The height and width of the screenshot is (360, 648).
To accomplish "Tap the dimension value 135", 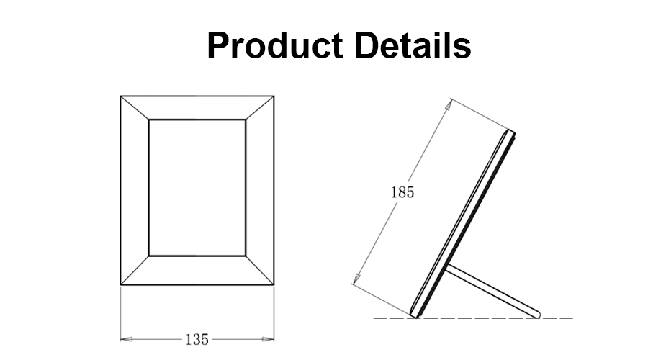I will tap(197, 338).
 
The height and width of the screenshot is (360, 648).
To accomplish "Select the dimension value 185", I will tap(402, 193).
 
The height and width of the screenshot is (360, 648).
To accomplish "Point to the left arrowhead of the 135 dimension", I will tap(125, 338).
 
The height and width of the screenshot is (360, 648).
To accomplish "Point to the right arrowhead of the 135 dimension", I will tap(270, 338).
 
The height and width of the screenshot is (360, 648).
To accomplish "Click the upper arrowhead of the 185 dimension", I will tap(449, 104).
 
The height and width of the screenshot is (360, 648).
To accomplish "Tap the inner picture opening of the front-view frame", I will tap(197, 187).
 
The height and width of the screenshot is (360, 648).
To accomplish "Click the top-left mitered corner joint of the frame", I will tap(135, 107).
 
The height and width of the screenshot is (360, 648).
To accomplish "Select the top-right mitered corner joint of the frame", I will tap(260, 107).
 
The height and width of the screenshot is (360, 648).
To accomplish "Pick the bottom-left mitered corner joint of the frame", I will tap(135, 270).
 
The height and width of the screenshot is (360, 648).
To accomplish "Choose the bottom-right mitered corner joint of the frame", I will tap(260, 270).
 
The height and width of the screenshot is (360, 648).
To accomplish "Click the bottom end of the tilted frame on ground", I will tap(415, 314).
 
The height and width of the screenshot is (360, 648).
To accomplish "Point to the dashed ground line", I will tap(475, 318).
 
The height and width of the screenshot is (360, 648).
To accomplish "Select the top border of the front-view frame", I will tap(197, 107).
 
